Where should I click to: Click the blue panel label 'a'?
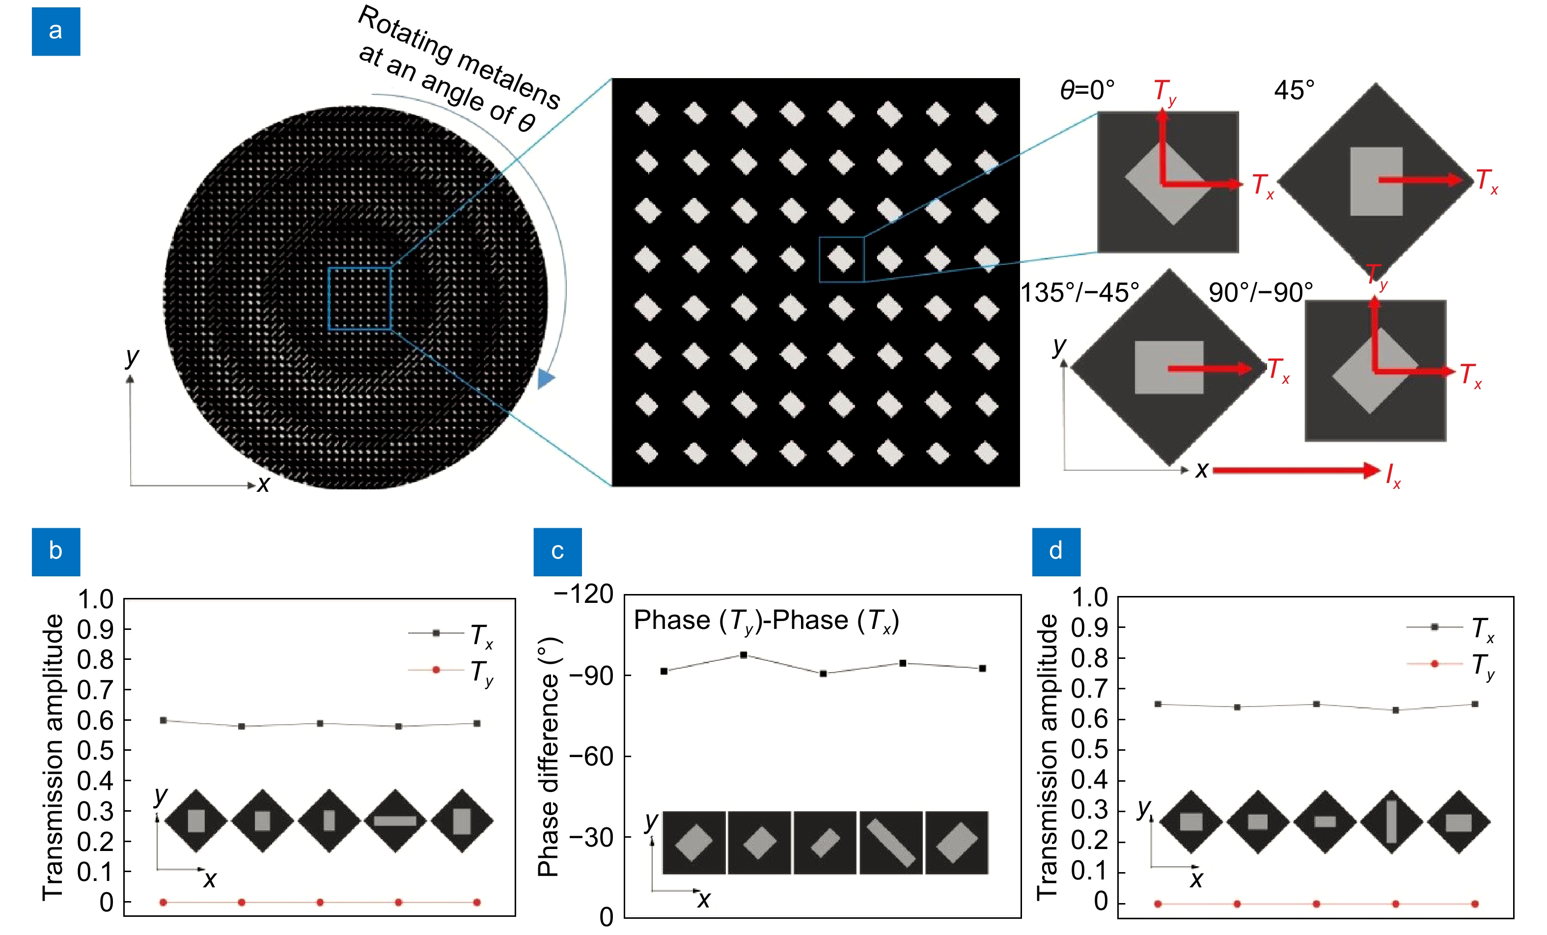click(x=56, y=31)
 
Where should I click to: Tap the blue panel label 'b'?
click(x=56, y=551)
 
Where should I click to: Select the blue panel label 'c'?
click(x=557, y=551)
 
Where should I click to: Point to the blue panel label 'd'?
click(x=1056, y=551)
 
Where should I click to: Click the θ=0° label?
click(x=1087, y=90)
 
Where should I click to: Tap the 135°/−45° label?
click(x=1079, y=293)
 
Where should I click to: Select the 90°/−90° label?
click(x=1261, y=293)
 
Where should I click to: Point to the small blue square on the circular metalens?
click(x=359, y=299)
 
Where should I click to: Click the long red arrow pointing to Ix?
click(x=1297, y=470)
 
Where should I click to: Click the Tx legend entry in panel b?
click(x=451, y=634)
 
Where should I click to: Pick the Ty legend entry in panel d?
click(x=1450, y=664)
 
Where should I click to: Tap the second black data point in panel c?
click(x=744, y=655)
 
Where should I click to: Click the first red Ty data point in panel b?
click(x=163, y=903)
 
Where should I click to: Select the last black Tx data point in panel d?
click(x=1475, y=704)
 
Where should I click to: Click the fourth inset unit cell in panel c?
click(x=891, y=843)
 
